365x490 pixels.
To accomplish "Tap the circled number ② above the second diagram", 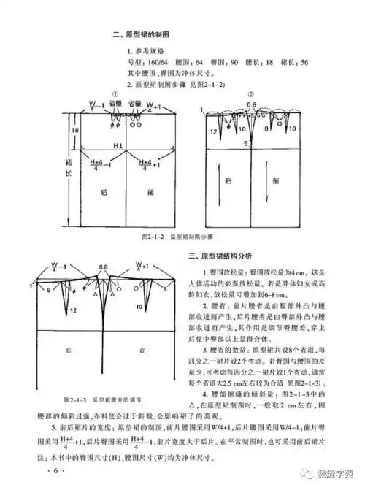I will click(250, 95).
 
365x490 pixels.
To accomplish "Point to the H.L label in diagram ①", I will click(120, 146).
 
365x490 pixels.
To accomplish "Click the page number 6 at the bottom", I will click(54, 471).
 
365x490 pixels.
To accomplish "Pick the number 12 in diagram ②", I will click(214, 131).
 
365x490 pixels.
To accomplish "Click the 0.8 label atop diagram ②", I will click(250, 104).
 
